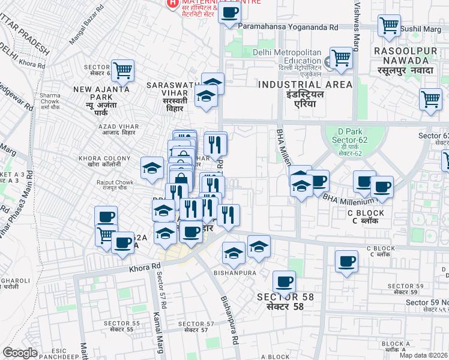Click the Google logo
(x=20, y=353)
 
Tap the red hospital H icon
(x=173, y=3)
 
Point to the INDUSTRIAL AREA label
(x=306, y=85)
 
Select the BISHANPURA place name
(x=235, y=272)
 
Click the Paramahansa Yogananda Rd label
(x=289, y=27)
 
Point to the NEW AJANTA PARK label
(x=93, y=93)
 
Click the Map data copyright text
(x=424, y=355)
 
